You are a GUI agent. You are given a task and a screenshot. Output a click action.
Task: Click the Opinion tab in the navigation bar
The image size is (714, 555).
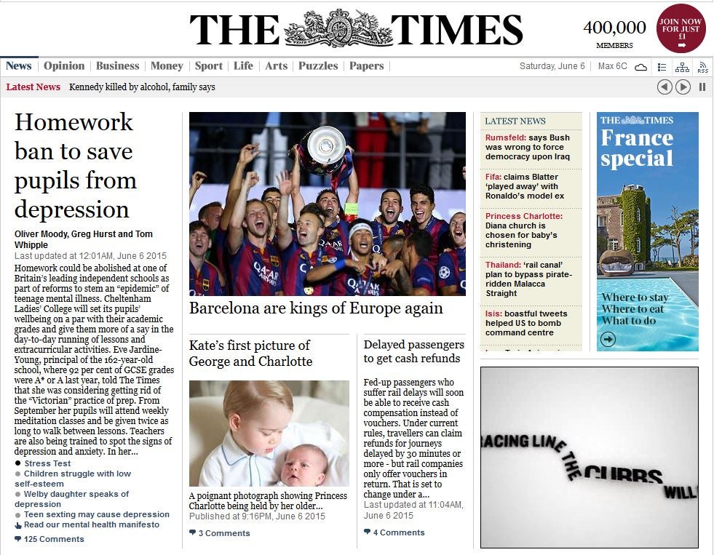click(x=64, y=66)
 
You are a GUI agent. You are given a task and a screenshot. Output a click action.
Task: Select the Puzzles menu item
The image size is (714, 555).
click(x=318, y=66)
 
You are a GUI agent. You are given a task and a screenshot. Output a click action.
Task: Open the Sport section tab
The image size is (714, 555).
click(x=208, y=66)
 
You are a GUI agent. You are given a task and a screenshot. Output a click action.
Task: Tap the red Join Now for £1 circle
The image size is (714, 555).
click(x=681, y=29)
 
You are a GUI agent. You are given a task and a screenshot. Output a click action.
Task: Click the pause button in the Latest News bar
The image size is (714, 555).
click(x=702, y=87)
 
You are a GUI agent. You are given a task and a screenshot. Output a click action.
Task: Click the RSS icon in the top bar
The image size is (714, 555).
click(x=702, y=67)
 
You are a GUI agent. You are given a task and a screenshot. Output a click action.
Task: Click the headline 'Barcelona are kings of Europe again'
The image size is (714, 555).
click(x=316, y=308)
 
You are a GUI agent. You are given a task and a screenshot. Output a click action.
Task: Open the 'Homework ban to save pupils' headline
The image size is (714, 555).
click(x=75, y=165)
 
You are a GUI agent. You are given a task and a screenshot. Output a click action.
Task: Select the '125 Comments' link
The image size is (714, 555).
click(x=53, y=539)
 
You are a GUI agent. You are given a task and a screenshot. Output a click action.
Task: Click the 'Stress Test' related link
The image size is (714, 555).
click(x=47, y=463)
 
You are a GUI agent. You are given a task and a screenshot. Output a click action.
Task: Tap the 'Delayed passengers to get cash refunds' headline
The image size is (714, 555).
click(x=413, y=351)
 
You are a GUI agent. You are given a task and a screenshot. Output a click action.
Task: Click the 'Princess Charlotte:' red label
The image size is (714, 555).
click(x=523, y=216)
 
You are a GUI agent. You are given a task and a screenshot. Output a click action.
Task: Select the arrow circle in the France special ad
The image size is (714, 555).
click(x=608, y=339)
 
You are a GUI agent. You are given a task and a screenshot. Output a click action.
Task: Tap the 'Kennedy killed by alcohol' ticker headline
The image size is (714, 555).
click(x=142, y=87)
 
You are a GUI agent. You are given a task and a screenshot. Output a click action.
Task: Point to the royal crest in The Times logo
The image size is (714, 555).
click(x=337, y=30)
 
